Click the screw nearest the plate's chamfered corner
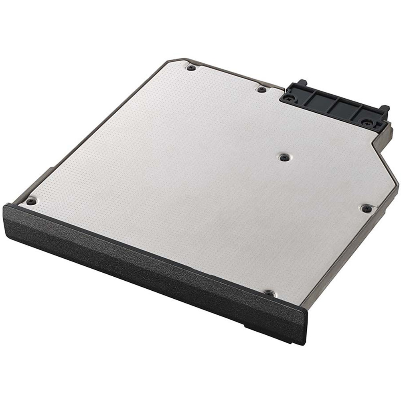click(191, 68)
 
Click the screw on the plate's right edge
click(366, 208)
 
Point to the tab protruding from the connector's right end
click(385, 109)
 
